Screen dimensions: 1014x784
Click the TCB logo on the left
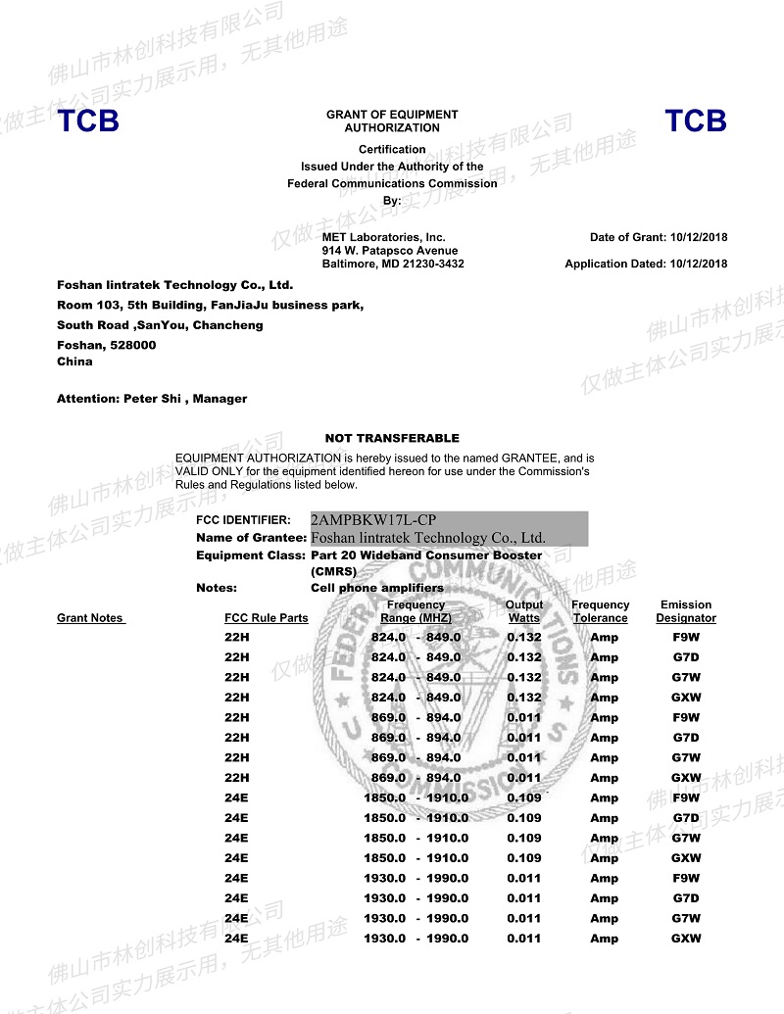[x=88, y=121]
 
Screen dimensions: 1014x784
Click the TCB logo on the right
[x=696, y=121]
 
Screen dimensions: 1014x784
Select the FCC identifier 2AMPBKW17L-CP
[x=373, y=520]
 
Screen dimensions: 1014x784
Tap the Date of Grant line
[x=659, y=237]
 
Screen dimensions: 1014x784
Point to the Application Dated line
[x=646, y=264]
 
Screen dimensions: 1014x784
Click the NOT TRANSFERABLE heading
[x=392, y=438]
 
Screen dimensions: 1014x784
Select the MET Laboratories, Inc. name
[x=383, y=237]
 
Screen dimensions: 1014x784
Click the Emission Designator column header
[x=686, y=611]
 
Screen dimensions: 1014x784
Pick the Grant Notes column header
[x=91, y=618]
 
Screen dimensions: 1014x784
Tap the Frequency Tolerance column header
[x=600, y=611]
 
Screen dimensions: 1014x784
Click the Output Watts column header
[x=523, y=611]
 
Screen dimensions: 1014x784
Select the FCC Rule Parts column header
[x=266, y=618]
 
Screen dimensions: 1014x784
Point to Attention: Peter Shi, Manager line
[x=152, y=399]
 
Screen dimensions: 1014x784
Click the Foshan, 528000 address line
[x=106, y=345]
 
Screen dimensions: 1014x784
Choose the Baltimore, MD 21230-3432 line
[x=393, y=264]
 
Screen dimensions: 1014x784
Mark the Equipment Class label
[x=251, y=555]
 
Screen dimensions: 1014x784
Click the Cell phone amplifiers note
[x=376, y=588]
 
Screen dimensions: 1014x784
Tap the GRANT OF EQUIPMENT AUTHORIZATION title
[x=392, y=121]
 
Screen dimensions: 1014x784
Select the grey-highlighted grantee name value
[x=428, y=538]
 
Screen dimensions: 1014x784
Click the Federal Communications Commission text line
[x=392, y=183]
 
